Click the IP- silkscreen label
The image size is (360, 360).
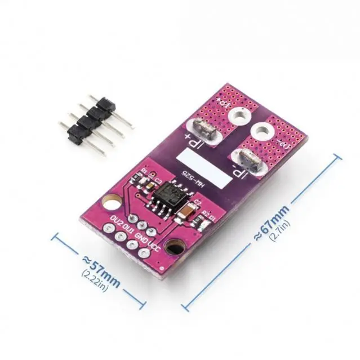(x=241, y=172)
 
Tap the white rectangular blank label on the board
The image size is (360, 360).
(x=203, y=162)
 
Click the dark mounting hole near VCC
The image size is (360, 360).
(x=179, y=248)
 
